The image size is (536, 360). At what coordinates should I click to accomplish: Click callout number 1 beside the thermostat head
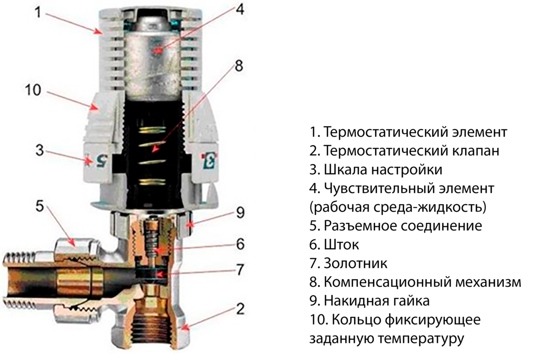(38, 12)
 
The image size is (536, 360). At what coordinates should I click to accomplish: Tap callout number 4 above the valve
(240, 9)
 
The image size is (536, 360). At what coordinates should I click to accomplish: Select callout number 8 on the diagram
(239, 66)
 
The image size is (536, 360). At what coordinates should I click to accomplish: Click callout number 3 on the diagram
(40, 151)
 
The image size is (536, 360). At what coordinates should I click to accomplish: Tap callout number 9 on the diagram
(240, 213)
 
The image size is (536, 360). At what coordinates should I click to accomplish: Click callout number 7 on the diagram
(240, 270)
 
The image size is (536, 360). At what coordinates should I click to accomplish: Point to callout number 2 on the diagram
(240, 309)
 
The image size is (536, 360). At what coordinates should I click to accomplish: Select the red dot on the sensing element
(156, 50)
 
